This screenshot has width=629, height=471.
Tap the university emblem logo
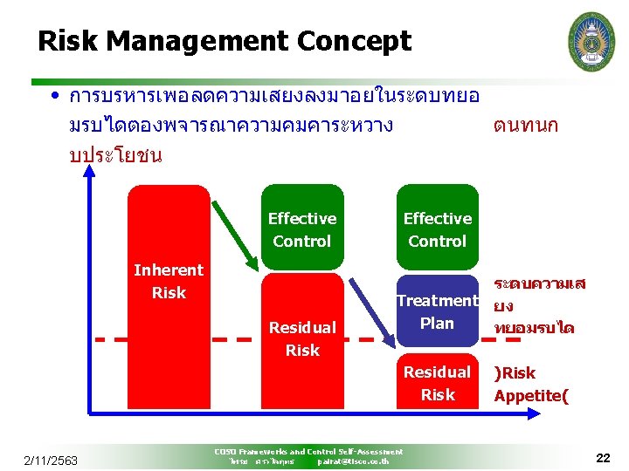click(591, 41)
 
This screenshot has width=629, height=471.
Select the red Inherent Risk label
click(168, 282)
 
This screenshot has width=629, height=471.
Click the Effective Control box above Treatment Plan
click(437, 229)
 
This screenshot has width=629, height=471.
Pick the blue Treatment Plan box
click(437, 311)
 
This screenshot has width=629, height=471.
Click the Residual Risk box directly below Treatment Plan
click(437, 383)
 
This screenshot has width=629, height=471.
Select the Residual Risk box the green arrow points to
click(302, 338)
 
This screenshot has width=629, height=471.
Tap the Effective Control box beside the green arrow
click(302, 229)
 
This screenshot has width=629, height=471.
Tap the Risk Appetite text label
click(530, 384)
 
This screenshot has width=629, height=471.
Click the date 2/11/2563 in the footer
click(50, 460)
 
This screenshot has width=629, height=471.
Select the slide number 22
click(603, 458)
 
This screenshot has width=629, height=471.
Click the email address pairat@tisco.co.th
click(353, 461)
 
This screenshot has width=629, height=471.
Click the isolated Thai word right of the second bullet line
click(525, 126)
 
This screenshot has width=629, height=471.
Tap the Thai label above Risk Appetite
click(539, 305)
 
